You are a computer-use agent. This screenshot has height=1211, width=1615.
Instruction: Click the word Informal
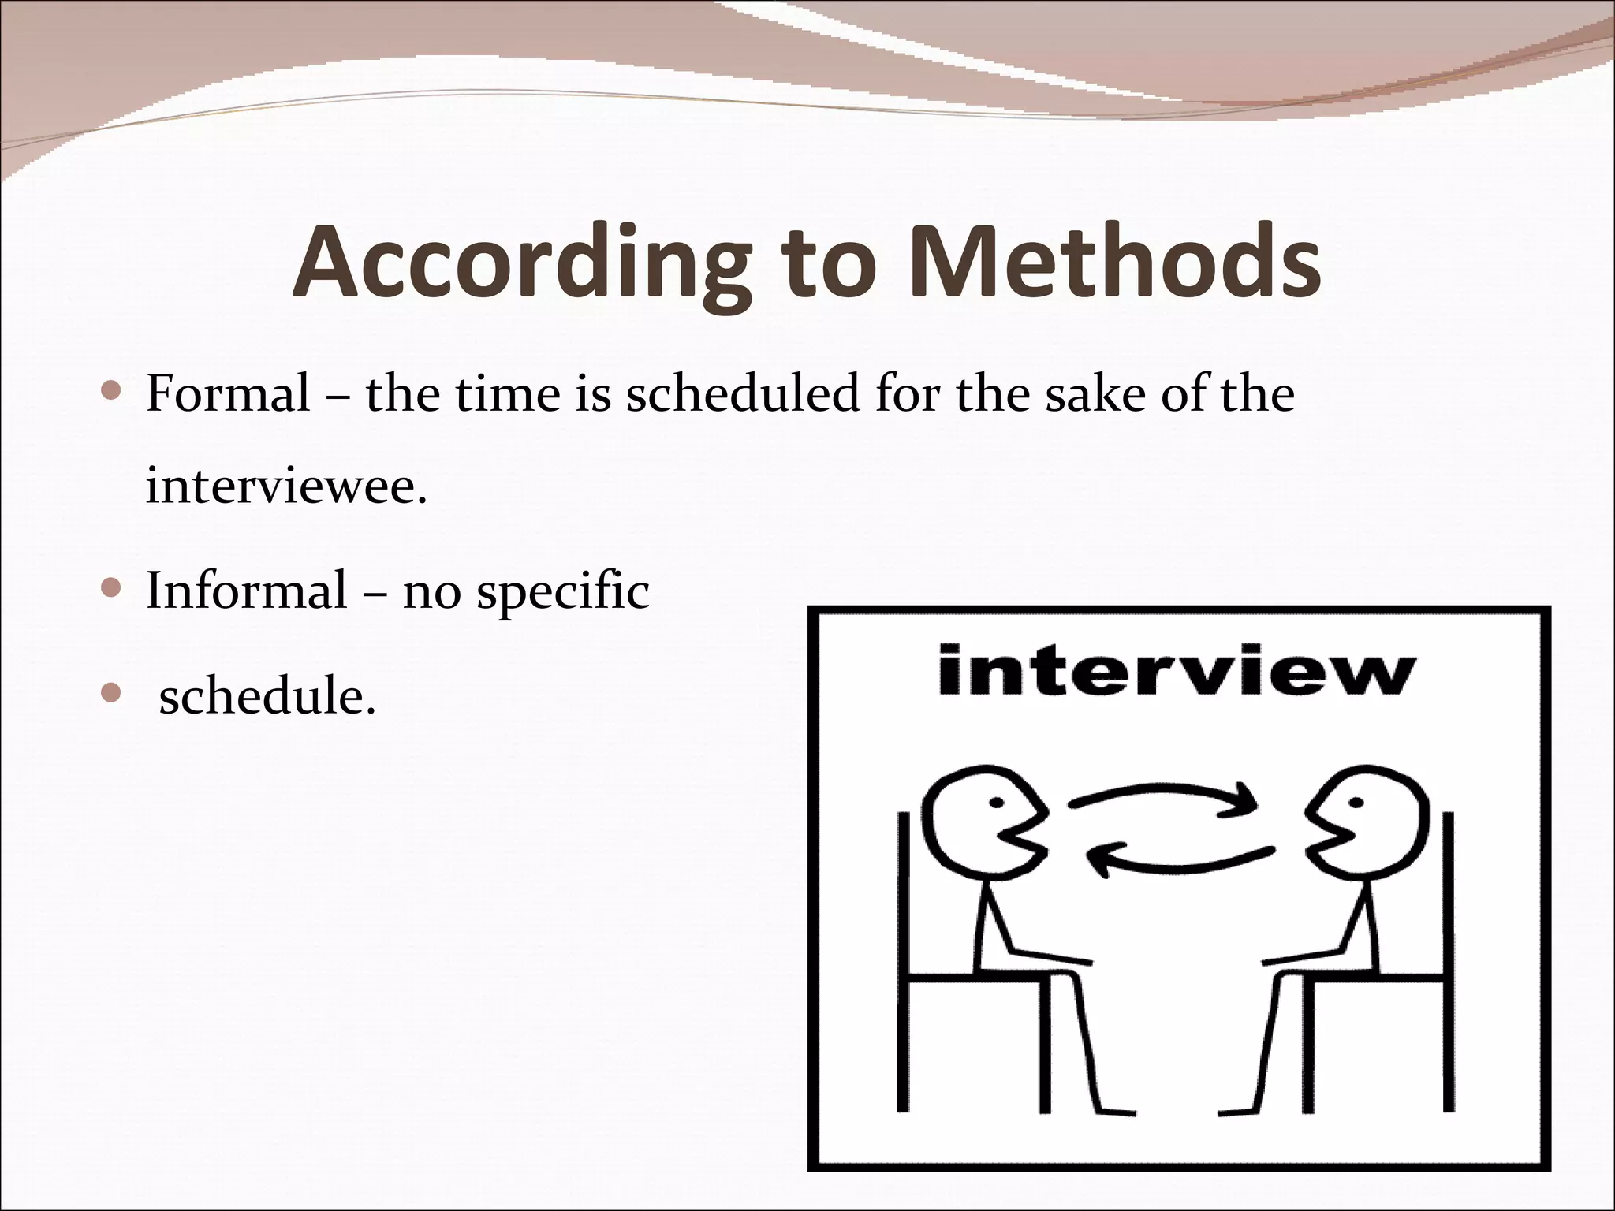(246, 590)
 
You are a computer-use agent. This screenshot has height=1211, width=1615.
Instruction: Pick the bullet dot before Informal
(111, 588)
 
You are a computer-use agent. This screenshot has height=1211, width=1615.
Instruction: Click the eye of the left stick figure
(997, 803)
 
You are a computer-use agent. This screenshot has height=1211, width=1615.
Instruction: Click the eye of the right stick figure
(1356, 803)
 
